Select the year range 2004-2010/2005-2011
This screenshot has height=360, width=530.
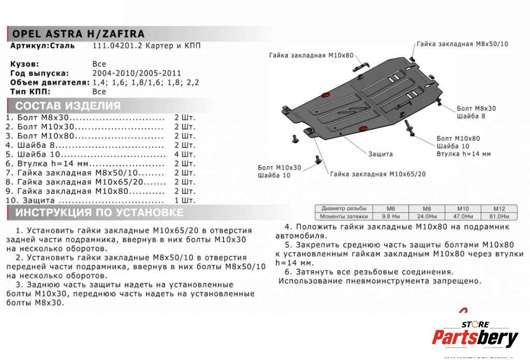pyautogui.click(x=137, y=73)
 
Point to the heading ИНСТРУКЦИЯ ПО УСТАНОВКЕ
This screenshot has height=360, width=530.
pyautogui.click(x=99, y=212)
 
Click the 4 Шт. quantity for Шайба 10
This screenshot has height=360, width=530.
pyautogui.click(x=185, y=154)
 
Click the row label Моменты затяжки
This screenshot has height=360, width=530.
pyautogui.click(x=343, y=216)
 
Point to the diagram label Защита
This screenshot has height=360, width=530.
pyautogui.click(x=380, y=154)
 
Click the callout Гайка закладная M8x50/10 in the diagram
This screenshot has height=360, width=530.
pyautogui.click(x=462, y=44)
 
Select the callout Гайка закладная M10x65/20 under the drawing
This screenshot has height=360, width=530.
pyautogui.click(x=378, y=174)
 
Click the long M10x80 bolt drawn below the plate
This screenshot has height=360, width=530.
pyautogui.click(x=409, y=128)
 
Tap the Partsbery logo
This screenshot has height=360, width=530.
pyautogui.click(x=475, y=337)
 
